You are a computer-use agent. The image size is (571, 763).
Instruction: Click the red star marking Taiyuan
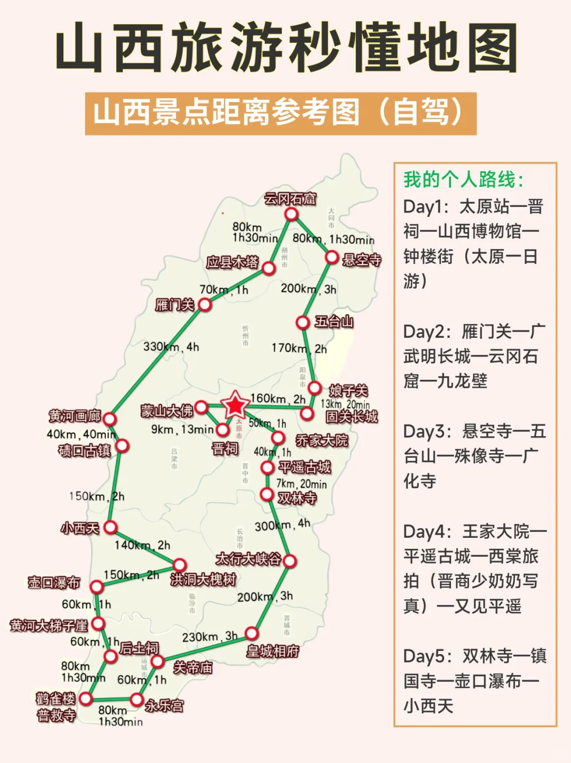tap(235, 406)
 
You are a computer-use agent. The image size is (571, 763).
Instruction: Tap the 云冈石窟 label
tap(290, 199)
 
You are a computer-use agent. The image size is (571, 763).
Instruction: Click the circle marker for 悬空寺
tap(331, 258)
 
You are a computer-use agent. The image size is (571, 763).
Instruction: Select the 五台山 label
tap(334, 321)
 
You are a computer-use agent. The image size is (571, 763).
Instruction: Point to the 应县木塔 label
tap(232, 262)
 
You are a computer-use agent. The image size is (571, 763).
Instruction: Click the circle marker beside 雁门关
tap(205, 305)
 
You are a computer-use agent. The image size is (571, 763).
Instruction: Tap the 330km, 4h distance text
tap(171, 347)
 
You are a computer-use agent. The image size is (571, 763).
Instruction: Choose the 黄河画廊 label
tap(75, 416)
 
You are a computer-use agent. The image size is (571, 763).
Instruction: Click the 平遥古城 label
tap(305, 467)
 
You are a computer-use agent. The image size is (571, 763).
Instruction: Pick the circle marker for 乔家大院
tap(278, 438)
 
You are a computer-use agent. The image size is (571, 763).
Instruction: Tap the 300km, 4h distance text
tap(282, 525)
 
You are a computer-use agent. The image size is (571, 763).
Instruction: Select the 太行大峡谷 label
tap(248, 558)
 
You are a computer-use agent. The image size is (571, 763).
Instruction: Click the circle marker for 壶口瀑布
tap(96, 586)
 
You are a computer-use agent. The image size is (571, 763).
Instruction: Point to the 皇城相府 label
tap(272, 651)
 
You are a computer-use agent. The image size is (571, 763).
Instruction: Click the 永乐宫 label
tap(164, 705)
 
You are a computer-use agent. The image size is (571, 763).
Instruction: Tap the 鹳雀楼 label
tap(56, 698)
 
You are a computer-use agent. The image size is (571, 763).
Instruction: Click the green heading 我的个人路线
tap(464, 180)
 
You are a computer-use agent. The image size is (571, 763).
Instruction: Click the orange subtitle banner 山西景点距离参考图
tap(281, 113)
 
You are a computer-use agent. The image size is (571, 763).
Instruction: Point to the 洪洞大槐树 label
tap(203, 580)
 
